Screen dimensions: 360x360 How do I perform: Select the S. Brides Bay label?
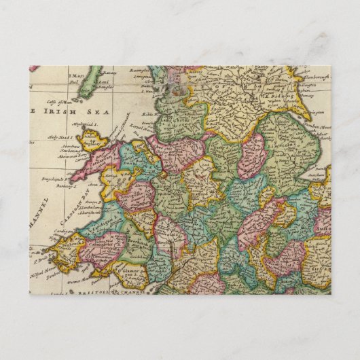point(39,259)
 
